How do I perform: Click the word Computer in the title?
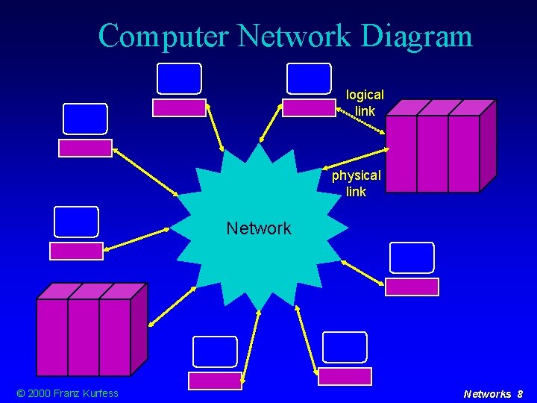pos(161,36)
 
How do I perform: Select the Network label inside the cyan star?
pos(259,228)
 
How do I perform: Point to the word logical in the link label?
pos(365,96)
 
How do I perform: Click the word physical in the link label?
pos(356,176)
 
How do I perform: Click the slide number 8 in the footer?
pos(520,394)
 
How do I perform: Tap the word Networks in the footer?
pos(487,394)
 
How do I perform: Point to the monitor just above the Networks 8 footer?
pos(345,348)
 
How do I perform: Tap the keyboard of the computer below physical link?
pos(412,287)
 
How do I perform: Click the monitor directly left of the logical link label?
pos(309,79)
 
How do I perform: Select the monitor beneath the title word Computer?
pos(179,79)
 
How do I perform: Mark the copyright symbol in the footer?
pos(20,393)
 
